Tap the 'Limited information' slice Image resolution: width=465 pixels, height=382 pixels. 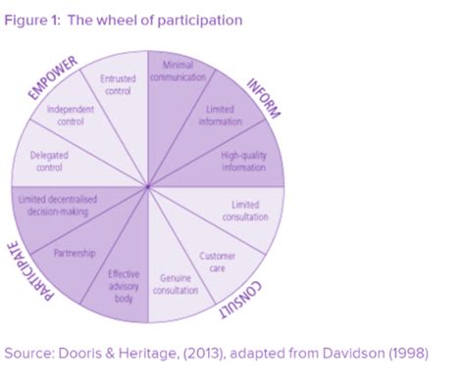click(220, 114)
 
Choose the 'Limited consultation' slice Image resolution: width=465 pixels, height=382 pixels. click(244, 209)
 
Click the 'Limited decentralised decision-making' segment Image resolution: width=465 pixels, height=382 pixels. click(57, 205)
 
